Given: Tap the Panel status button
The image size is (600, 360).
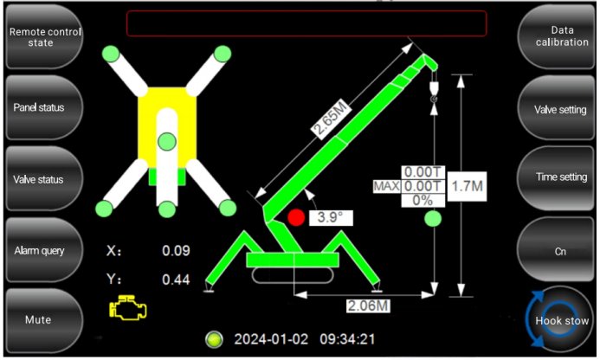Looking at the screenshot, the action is [x=43, y=107].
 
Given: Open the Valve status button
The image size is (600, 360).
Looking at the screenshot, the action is [x=43, y=179].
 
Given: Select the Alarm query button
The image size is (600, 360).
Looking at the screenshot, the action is [x=43, y=251].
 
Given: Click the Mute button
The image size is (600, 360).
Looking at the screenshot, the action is [x=43, y=320].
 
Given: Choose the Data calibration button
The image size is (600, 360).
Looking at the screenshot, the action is [x=557, y=36].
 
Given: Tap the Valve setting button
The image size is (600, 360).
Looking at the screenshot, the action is [x=557, y=109].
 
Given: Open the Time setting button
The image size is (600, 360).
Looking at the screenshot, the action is [x=557, y=177].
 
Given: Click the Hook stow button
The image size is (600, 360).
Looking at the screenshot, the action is [x=559, y=320].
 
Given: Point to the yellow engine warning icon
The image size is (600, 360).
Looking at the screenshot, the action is [x=128, y=307].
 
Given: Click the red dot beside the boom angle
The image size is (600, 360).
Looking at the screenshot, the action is [x=296, y=217].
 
